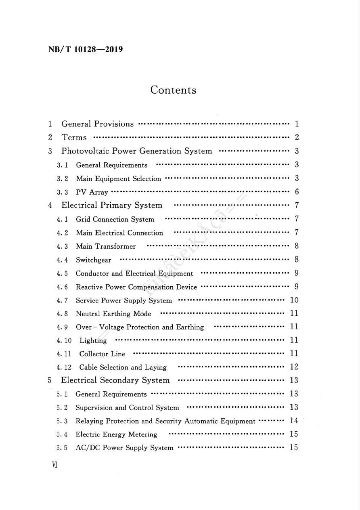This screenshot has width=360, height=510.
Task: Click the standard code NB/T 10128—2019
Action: (86, 50)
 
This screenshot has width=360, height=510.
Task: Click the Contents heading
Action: (174, 90)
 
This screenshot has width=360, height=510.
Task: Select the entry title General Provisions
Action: (97, 124)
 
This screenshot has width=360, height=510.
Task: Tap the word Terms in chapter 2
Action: (74, 138)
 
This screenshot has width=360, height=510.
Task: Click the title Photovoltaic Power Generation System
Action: (136, 151)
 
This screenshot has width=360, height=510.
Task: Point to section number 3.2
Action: (62, 178)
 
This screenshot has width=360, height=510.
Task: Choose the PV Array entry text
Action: (92, 192)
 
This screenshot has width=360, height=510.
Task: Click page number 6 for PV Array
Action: (297, 192)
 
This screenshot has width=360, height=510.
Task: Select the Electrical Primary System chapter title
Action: (112, 206)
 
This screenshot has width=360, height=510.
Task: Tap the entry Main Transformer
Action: (106, 246)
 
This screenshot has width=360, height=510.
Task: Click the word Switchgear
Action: (93, 260)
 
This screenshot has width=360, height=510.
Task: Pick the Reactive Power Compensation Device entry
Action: (136, 287)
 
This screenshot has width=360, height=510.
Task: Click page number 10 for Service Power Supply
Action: (294, 300)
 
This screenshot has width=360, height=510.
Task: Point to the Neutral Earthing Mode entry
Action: (113, 314)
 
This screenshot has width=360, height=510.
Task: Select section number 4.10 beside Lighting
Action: (64, 340)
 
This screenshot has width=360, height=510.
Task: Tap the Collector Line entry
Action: (102, 354)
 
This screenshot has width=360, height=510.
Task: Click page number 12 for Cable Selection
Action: (294, 367)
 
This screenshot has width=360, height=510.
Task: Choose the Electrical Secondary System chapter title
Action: (115, 380)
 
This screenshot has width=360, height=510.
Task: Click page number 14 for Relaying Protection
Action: (294, 421)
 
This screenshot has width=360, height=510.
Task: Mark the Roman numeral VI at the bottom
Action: (54, 465)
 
